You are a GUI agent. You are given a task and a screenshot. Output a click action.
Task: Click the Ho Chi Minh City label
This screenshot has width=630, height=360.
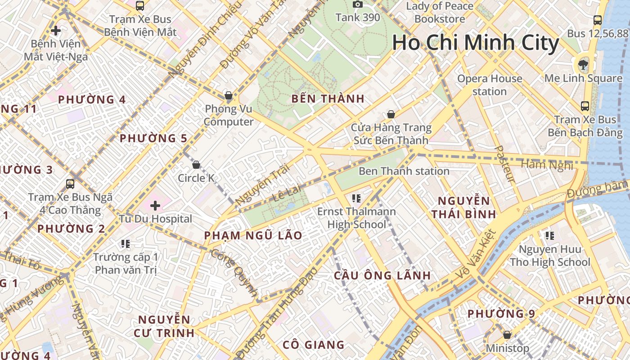475,43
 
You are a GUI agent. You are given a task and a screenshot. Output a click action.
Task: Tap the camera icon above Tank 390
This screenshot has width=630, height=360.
358,4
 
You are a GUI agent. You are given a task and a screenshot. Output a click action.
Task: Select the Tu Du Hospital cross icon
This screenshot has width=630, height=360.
155,206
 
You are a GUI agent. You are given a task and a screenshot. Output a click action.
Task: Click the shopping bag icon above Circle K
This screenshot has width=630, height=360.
196,165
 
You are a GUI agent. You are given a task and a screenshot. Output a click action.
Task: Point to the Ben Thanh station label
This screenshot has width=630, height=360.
404,171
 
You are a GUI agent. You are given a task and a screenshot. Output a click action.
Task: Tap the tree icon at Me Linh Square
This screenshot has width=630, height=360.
583,64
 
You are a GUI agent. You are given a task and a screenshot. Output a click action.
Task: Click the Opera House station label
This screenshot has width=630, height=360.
490,85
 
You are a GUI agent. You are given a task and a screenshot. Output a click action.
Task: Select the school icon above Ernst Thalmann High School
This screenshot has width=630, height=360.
356,198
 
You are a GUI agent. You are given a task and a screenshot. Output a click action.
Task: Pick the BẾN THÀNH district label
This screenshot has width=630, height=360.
328,99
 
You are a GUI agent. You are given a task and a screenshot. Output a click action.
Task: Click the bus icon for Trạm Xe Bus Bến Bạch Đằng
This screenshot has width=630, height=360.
585,106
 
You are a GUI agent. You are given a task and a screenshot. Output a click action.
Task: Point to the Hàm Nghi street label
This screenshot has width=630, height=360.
547,165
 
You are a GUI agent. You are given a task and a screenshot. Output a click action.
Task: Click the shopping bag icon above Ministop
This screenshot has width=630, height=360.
507,335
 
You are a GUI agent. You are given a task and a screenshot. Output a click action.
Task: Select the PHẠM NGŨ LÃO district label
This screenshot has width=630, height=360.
253,235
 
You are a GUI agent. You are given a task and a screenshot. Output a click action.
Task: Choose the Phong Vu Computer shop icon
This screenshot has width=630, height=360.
229,95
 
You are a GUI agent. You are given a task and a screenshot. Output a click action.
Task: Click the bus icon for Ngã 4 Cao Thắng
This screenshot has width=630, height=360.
70,184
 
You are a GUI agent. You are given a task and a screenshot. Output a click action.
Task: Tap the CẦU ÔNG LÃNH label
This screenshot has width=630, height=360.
382,275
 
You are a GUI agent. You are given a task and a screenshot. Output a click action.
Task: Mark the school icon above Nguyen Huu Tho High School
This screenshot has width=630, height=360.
549,235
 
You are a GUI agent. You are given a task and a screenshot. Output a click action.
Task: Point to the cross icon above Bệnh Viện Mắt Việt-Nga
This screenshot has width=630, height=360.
56,31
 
